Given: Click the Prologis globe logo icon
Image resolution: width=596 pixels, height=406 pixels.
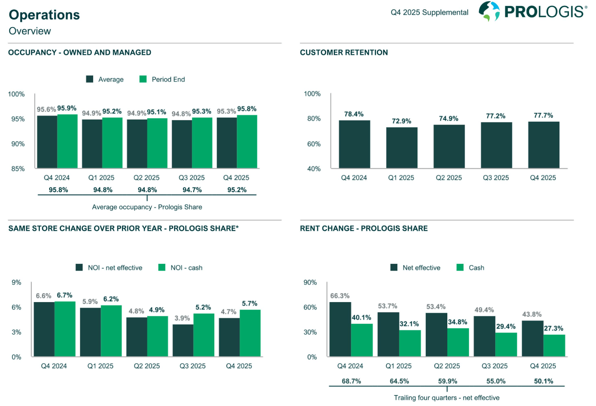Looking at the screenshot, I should coord(489,11).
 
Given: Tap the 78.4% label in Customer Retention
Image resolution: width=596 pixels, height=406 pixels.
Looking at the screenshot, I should coord(354,114).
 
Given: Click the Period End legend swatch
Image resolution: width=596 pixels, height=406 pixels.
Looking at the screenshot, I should coord(143,79).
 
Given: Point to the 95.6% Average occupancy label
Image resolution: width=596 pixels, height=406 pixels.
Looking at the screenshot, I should coord(46,109).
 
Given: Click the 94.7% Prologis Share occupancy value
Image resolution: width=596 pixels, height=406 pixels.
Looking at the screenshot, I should coord(192,190).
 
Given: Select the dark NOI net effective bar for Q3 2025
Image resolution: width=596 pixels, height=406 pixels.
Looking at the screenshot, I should coord(183,340).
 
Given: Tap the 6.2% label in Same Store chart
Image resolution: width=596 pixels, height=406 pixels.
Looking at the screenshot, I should coord(111,299).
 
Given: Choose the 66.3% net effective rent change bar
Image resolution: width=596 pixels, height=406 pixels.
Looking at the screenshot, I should coord(340,329).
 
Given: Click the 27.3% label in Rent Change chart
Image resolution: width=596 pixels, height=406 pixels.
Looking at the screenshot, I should coord(554,328).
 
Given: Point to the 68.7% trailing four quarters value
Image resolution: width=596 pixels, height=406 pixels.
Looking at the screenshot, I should coord(351,381).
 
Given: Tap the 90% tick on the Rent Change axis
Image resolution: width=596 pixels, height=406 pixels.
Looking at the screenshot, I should coord(310,283).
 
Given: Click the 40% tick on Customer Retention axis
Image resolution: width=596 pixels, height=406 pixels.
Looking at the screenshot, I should coord(314,169).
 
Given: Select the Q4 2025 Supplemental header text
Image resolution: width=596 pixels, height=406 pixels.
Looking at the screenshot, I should coord(430,12).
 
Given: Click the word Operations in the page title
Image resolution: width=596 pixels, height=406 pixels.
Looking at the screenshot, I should coord(44,15).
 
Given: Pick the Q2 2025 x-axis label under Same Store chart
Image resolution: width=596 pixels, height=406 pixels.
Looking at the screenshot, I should coord(147,366).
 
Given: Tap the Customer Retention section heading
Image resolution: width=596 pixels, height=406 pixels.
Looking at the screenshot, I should coord(344,53).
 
